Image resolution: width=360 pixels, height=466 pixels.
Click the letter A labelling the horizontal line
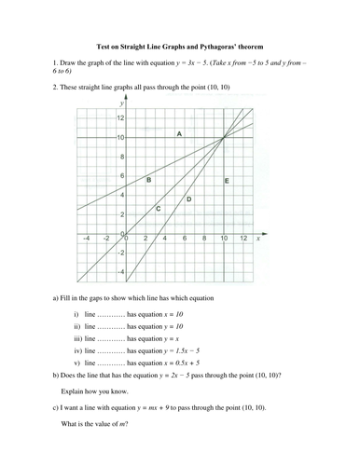178,134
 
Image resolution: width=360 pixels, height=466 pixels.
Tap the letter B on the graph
149,178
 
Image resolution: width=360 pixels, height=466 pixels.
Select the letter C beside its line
158,208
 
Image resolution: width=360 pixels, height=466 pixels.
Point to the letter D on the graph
189,199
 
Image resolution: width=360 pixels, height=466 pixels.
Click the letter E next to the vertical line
228,179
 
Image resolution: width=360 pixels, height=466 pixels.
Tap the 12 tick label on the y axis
119,118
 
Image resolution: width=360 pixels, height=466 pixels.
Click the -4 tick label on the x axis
87,240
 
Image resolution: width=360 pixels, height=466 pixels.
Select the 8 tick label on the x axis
205,240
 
